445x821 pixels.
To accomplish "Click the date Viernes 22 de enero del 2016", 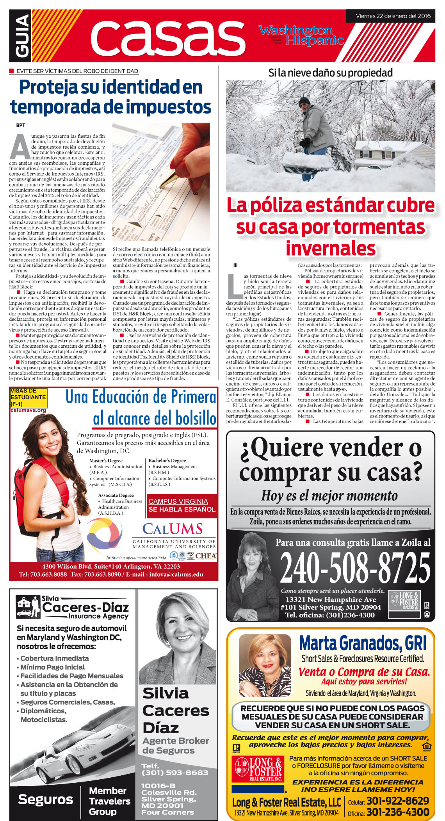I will coord(393,16).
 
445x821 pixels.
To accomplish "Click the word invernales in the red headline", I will coord(330,249).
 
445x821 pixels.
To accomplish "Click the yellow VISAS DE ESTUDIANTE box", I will coord(28,397).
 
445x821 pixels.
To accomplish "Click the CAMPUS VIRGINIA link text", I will coord(178,501).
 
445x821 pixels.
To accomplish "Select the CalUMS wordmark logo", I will coord(173,529).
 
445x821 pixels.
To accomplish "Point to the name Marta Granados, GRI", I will coord(363,643).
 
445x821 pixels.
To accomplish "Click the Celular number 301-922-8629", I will coord(397,801).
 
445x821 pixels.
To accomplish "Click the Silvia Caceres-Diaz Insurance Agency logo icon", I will coord(28,607).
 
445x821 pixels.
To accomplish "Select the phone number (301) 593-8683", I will coord(174,773).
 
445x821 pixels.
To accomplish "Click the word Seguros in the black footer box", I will coord(45,800).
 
